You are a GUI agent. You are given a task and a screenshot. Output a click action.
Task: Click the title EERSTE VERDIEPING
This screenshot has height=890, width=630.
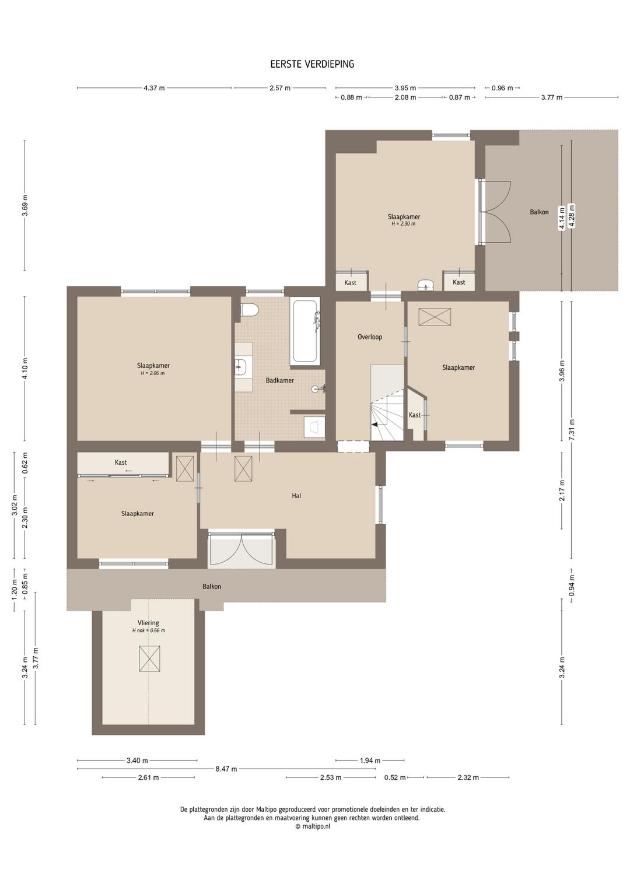(312, 64)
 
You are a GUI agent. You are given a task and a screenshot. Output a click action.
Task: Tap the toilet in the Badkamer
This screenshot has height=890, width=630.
(250, 310)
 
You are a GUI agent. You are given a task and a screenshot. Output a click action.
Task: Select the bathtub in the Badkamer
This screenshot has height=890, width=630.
(305, 332)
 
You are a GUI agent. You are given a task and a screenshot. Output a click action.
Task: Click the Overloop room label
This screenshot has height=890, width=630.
(370, 337)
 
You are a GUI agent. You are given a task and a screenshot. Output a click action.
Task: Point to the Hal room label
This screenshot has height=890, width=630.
(296, 496)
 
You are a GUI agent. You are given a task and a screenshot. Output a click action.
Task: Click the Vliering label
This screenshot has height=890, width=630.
(148, 623)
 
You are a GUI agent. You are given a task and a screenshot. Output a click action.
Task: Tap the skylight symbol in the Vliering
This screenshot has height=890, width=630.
(149, 658)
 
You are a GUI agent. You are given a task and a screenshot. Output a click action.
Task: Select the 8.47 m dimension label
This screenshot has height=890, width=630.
(226, 769)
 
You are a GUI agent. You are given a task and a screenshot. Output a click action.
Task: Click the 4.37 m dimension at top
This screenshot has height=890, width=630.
(154, 88)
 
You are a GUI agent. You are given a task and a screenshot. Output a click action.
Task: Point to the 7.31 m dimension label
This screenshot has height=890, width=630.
(572, 429)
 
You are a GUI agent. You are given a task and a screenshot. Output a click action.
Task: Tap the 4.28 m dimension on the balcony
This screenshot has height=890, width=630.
(572, 215)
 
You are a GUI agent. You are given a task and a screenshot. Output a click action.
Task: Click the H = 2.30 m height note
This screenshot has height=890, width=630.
(404, 224)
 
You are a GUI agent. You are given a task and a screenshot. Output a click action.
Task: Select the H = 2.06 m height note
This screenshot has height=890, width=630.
(153, 373)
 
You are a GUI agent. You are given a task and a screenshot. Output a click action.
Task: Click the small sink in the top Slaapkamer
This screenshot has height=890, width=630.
(426, 285)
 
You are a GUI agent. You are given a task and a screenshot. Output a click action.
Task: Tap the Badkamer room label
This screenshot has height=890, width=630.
(280, 380)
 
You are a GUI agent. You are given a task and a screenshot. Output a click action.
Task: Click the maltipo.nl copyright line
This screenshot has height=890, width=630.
(313, 826)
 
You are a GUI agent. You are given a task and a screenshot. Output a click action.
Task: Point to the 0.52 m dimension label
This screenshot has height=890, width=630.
(395, 777)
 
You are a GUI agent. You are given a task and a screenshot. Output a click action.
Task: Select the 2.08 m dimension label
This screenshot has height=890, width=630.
(405, 97)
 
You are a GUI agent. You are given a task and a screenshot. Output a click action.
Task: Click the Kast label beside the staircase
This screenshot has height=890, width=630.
(415, 415)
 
